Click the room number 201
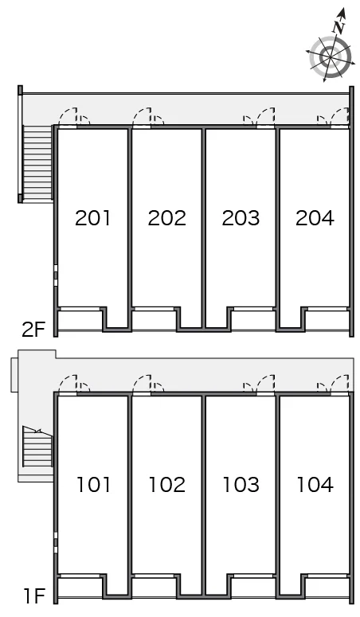(x=93, y=217)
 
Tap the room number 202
(x=166, y=217)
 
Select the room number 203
(x=241, y=217)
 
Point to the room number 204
(x=314, y=217)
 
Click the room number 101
(x=93, y=483)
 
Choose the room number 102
(x=166, y=483)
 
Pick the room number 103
(x=241, y=483)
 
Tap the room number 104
(x=314, y=483)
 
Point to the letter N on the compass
(x=339, y=26)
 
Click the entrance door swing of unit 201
(x=72, y=118)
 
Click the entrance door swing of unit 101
(x=72, y=384)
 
